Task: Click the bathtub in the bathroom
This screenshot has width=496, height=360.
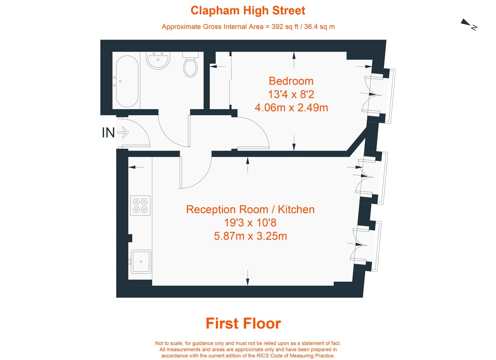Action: point(127,81)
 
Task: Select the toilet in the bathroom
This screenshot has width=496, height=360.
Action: point(190,66)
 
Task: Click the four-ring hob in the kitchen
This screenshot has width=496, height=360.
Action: point(140,205)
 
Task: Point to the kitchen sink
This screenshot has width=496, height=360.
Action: point(141,261)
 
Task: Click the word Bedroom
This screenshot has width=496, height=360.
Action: point(291,81)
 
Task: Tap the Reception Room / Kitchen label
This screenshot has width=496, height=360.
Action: point(250,209)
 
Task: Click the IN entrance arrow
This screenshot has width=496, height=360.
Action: point(123,133)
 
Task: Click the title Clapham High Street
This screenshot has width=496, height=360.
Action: point(248,11)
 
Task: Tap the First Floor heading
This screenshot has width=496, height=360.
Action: point(243,323)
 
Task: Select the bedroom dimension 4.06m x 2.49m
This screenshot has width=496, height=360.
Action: point(291,108)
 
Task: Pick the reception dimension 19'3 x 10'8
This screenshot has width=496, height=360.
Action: point(250,223)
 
